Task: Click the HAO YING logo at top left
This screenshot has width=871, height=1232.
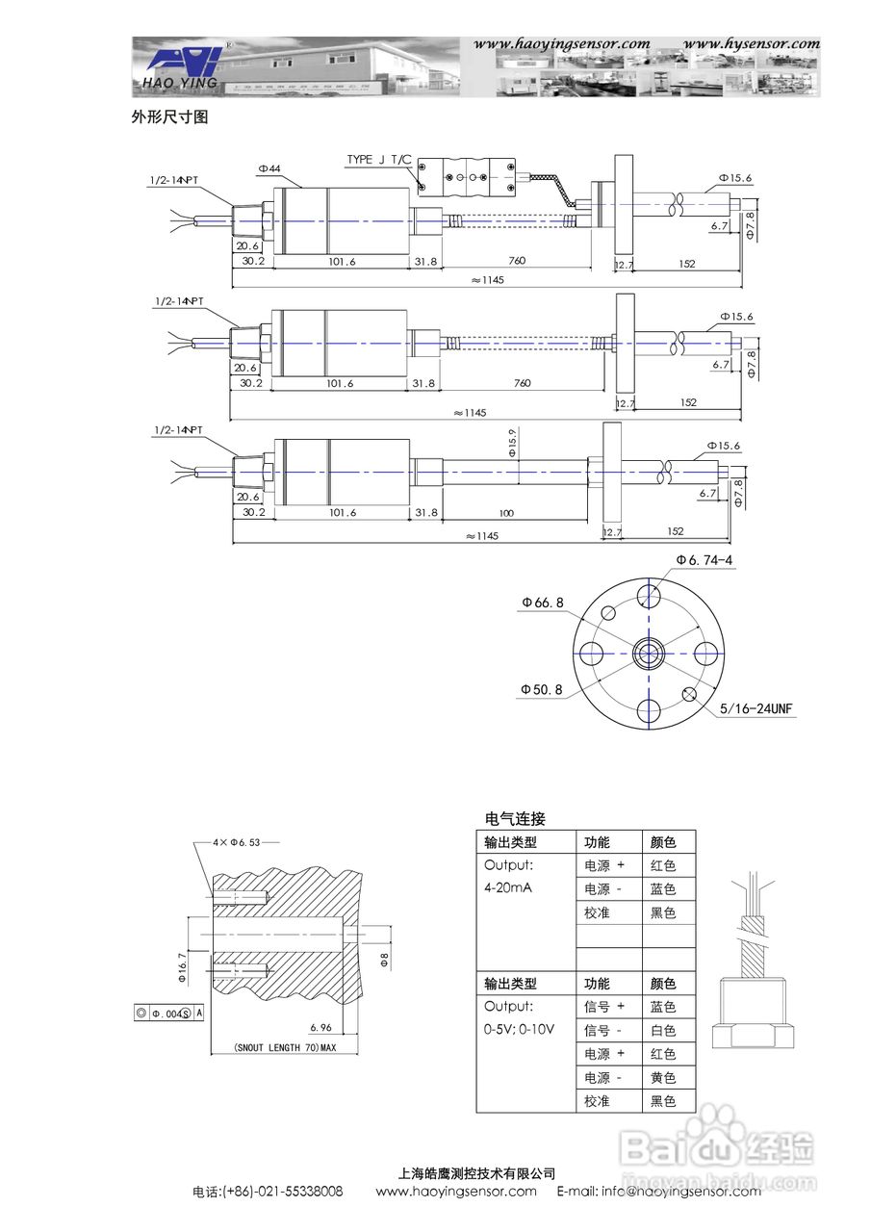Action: (x=183, y=67)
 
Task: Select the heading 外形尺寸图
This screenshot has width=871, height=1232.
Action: (x=169, y=117)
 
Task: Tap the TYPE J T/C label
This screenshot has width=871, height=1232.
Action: (x=378, y=159)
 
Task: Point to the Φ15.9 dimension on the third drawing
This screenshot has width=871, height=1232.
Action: (x=512, y=443)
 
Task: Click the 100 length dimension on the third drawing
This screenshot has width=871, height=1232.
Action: (x=507, y=513)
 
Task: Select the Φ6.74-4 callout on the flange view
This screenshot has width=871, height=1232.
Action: (x=704, y=559)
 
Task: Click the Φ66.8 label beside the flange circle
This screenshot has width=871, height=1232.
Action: (x=543, y=603)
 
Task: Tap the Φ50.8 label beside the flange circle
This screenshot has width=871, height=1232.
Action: (x=542, y=689)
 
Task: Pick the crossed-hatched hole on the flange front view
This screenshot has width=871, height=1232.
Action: (x=689, y=695)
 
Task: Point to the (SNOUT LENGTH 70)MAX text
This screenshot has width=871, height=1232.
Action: (x=271, y=1047)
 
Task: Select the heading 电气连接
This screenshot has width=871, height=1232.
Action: (x=515, y=819)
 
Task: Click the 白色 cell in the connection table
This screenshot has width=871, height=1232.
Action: (x=663, y=1030)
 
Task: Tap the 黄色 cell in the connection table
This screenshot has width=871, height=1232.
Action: (x=663, y=1077)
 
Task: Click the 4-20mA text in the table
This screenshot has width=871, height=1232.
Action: (x=507, y=887)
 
